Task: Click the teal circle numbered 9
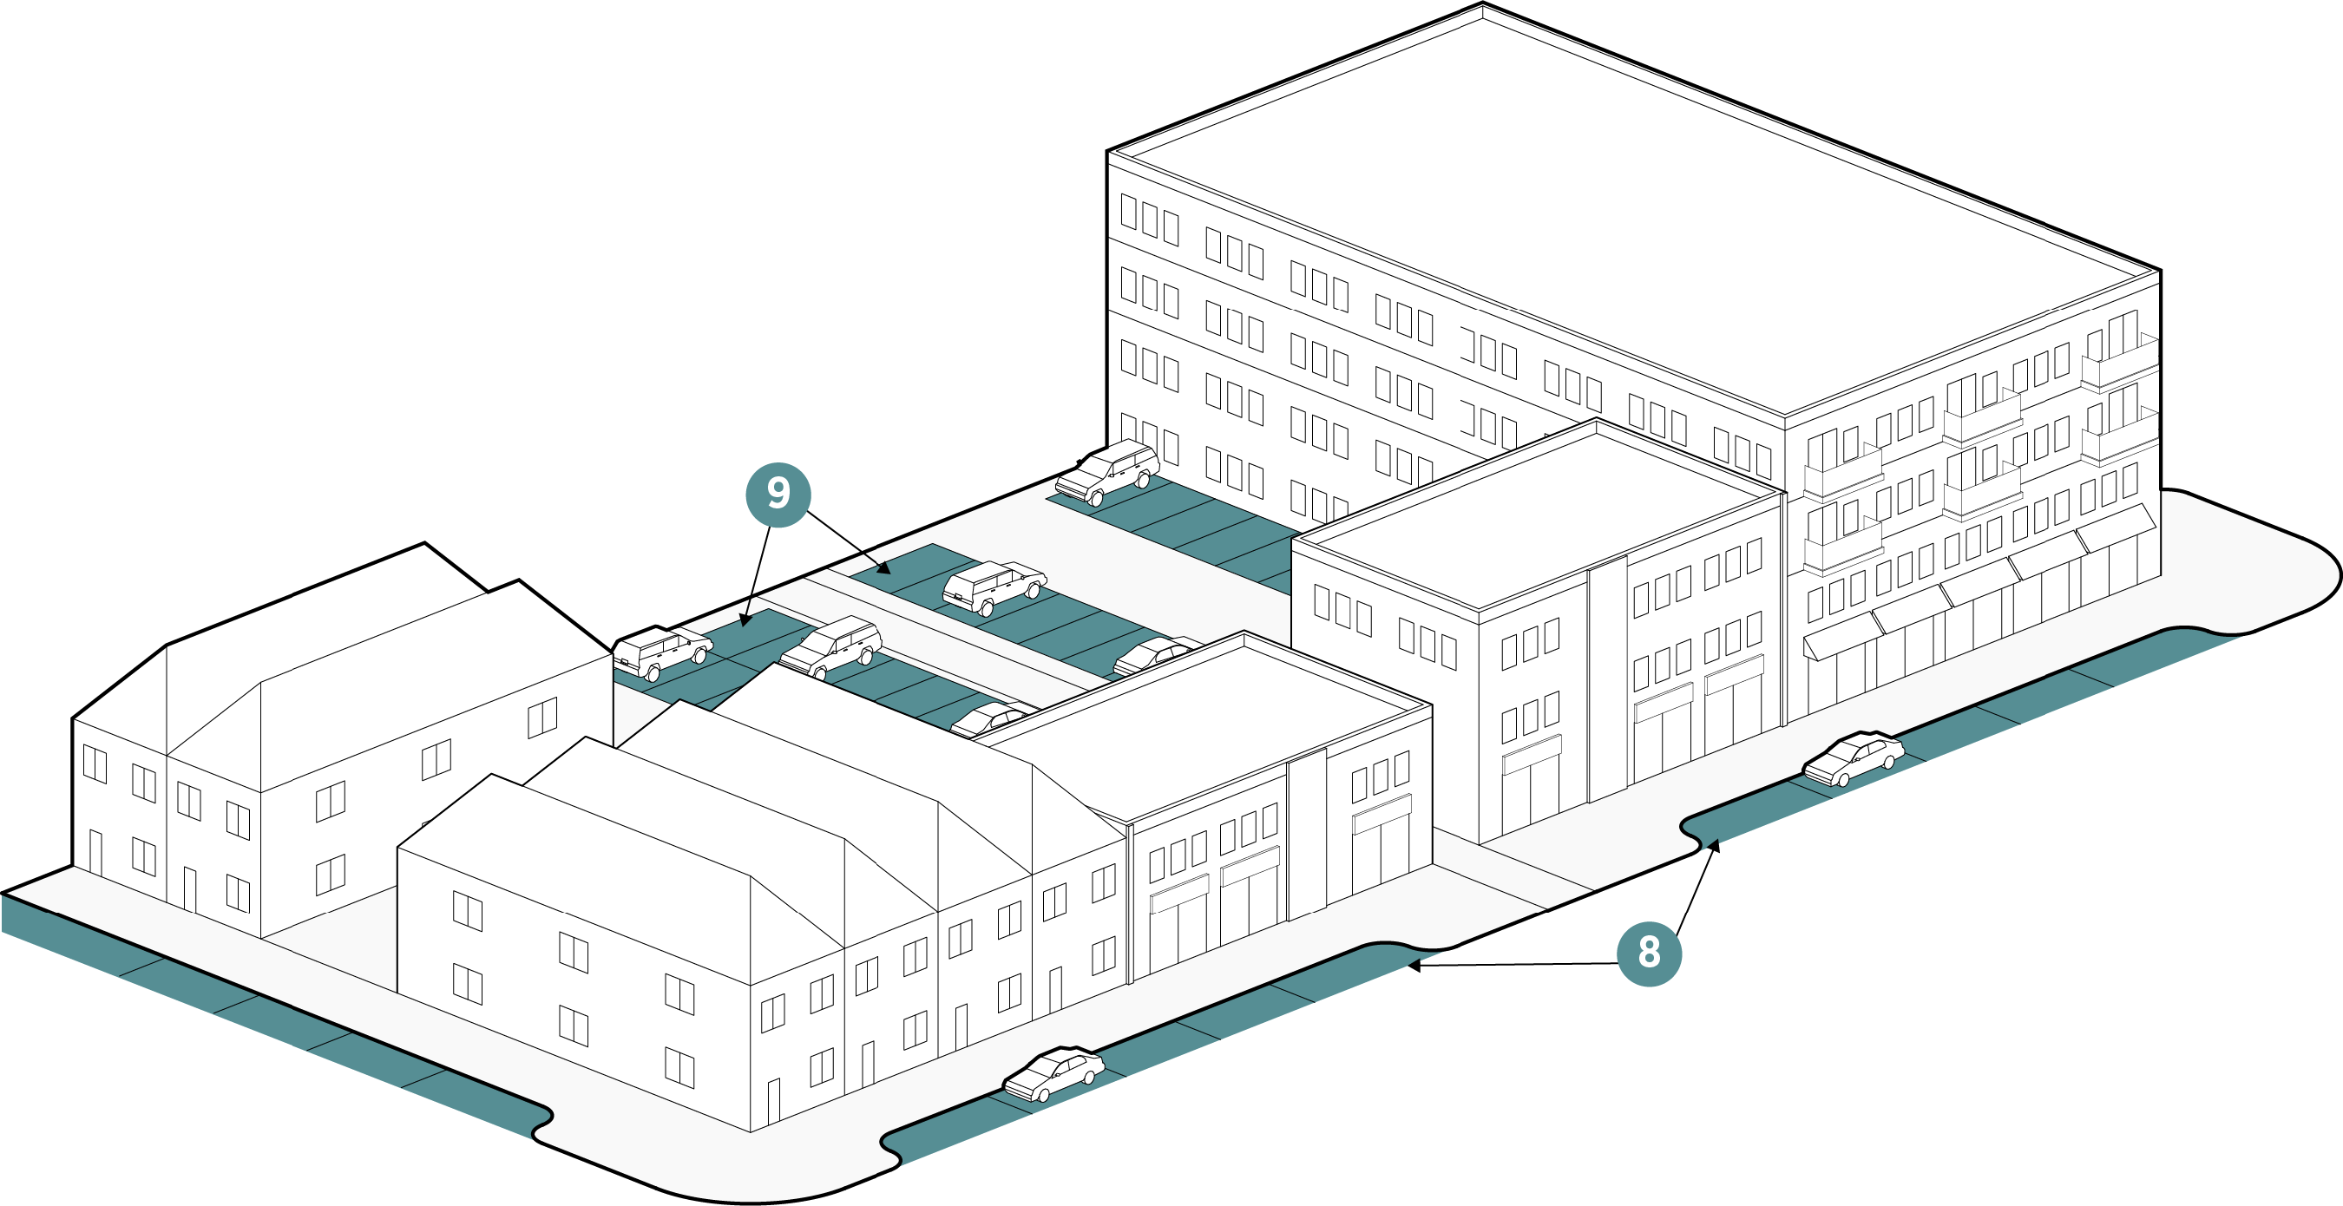778,495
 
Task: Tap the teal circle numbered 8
1648,954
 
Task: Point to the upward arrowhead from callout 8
1716,843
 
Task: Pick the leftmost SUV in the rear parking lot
662,651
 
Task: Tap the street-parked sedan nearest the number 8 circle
1853,757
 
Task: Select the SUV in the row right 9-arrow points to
994,586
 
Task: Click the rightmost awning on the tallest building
2117,527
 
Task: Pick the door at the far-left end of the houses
95,852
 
